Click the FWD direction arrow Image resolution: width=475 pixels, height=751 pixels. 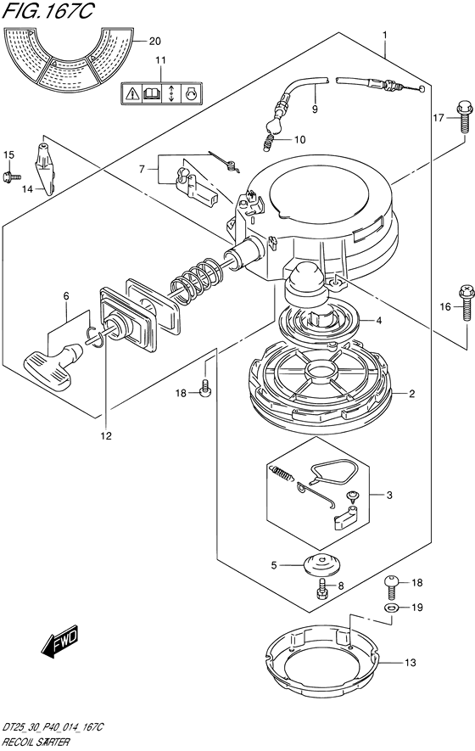[x=60, y=641]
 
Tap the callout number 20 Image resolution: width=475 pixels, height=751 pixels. [x=154, y=42]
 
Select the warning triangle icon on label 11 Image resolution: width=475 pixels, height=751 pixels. [x=131, y=94]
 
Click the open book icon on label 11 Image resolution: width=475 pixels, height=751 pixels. [x=151, y=94]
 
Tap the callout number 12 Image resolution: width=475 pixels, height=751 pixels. [x=106, y=436]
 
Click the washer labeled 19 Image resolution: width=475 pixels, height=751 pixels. [x=391, y=608]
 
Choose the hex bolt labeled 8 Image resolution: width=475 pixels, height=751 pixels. [x=322, y=589]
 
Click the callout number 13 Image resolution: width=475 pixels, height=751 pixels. [x=411, y=663]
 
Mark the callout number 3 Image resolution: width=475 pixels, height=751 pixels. [x=389, y=496]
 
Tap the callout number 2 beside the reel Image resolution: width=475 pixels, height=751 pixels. [x=411, y=395]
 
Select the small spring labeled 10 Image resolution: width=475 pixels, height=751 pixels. [x=270, y=142]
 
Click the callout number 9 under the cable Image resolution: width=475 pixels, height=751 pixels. [x=315, y=109]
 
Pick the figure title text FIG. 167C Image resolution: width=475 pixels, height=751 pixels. [x=47, y=11]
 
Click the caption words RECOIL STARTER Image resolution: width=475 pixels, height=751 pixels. [x=36, y=743]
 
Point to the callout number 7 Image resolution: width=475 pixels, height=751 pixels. [x=142, y=169]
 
